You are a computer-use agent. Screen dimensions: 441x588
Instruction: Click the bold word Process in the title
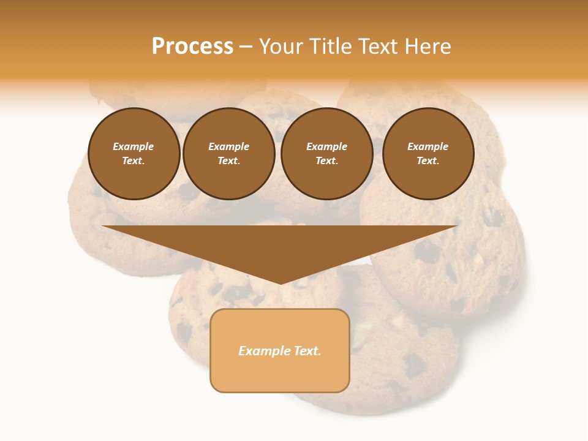(192, 47)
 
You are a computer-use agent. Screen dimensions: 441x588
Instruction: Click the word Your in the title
(282, 47)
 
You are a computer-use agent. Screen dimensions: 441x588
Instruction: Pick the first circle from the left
(134, 154)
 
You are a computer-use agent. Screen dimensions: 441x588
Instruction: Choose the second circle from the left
(229, 154)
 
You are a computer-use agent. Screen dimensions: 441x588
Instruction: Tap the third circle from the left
(327, 154)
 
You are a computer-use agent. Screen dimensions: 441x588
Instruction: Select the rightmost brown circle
(428, 154)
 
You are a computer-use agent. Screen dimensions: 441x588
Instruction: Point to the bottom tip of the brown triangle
(280, 283)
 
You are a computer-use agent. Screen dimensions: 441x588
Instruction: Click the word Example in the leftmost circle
(134, 147)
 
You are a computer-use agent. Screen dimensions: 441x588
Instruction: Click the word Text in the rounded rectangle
(307, 351)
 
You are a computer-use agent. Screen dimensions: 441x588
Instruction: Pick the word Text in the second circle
(228, 161)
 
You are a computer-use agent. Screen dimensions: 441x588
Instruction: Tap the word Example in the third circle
(327, 147)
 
